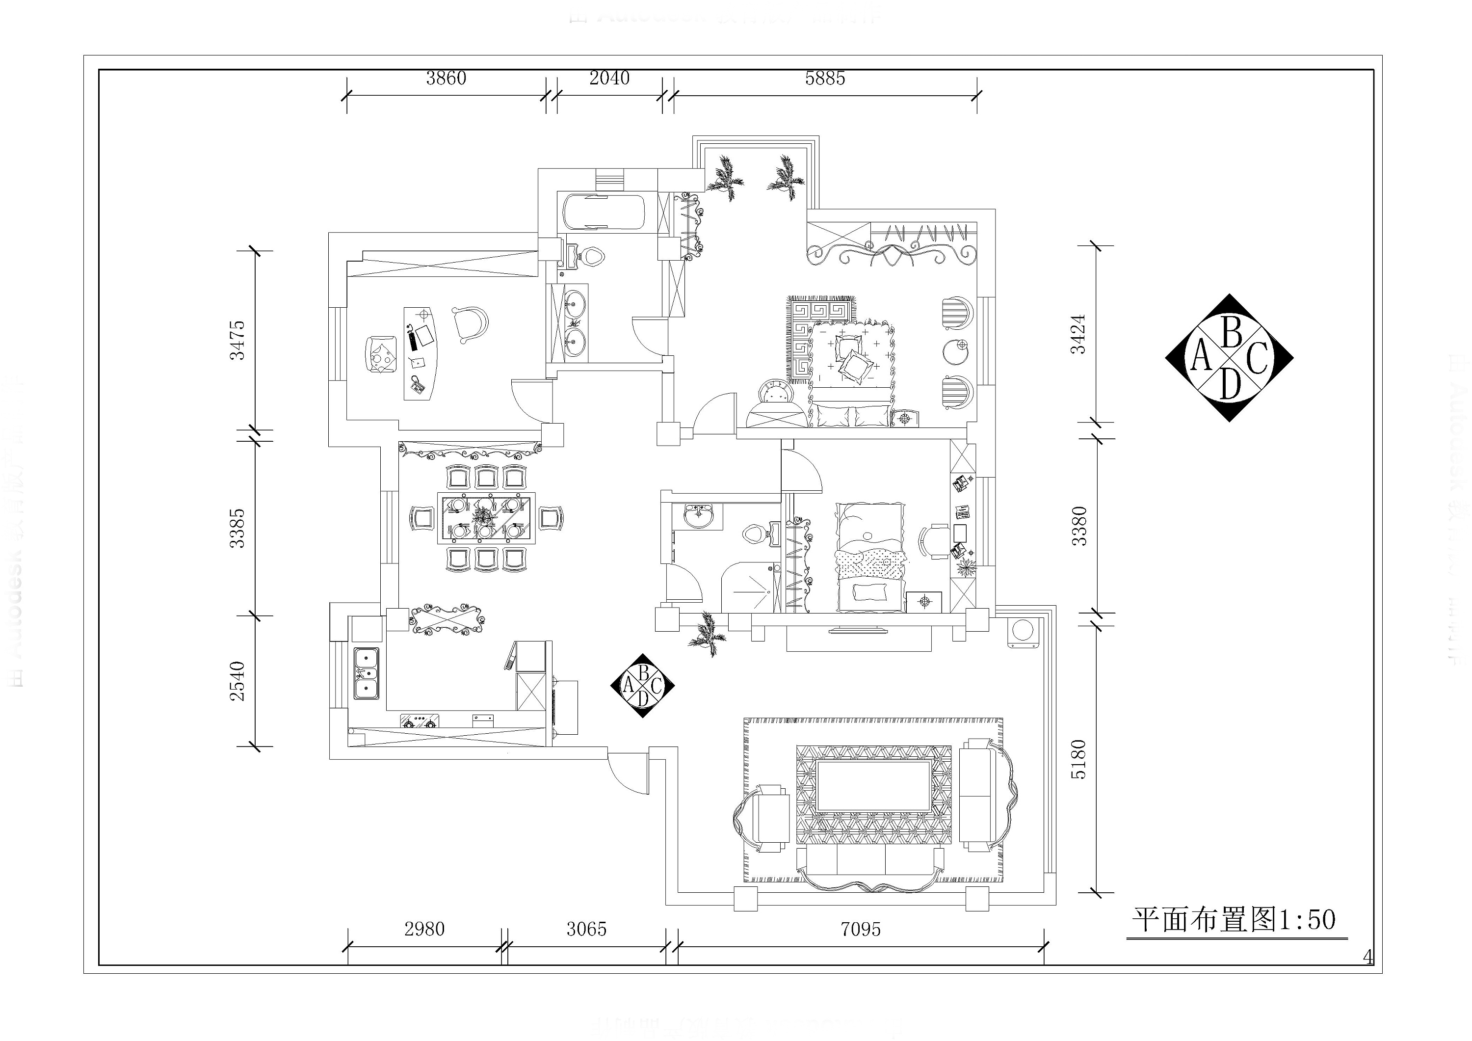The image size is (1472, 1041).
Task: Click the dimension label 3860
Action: point(446,78)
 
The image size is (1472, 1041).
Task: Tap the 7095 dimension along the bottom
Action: point(860,929)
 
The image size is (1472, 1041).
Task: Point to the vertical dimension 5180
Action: point(1079,759)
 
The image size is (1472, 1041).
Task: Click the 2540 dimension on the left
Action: point(238,681)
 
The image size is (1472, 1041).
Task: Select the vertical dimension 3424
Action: point(1079,334)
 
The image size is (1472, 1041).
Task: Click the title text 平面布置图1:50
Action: point(1233,920)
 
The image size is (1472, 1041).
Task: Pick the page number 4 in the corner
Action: point(1367,958)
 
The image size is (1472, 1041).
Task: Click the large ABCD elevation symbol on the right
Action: point(1228,358)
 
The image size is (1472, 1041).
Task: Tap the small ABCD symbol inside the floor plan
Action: point(642,686)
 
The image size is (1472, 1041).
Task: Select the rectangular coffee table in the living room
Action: point(873,786)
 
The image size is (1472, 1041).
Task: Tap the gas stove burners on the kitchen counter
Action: point(420,721)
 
